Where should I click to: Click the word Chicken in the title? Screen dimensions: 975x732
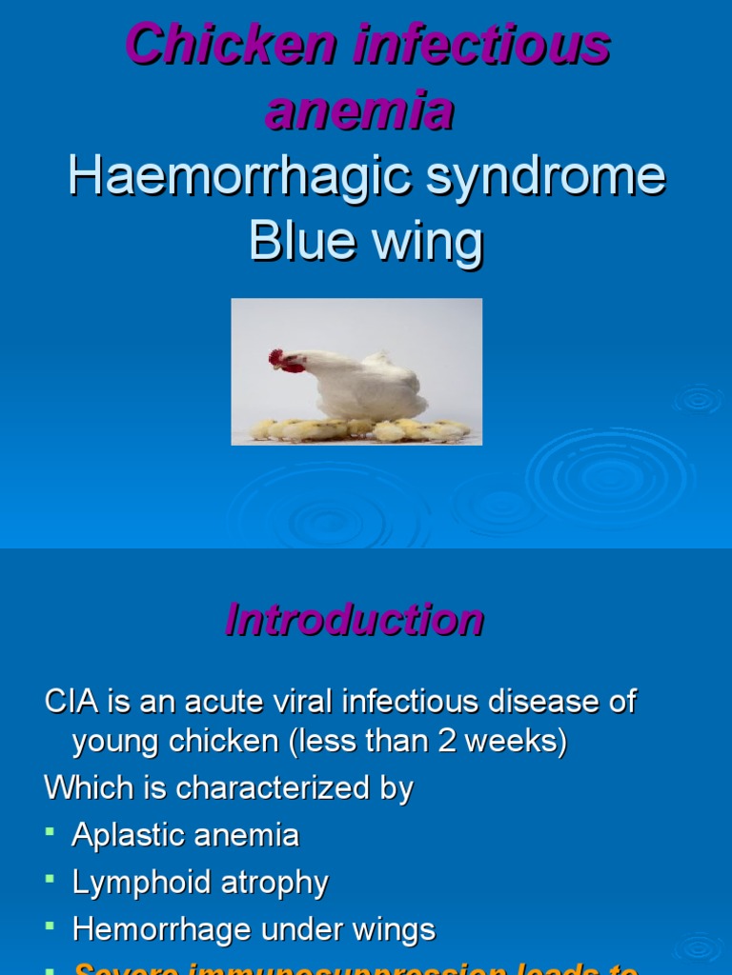click(231, 45)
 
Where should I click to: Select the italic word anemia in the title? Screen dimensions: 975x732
click(360, 111)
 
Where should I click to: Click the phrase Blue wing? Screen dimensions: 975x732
click(366, 241)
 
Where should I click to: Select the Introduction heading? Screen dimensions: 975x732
click(355, 620)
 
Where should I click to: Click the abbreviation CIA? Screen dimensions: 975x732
click(72, 703)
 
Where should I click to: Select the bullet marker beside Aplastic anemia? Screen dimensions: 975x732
click(51, 832)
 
